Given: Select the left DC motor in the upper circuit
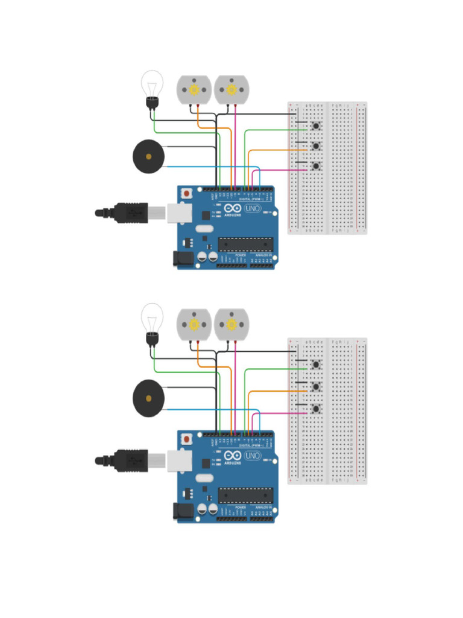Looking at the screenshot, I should (x=194, y=89).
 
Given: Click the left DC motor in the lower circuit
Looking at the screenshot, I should (x=194, y=324).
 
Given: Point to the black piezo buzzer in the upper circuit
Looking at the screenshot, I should (x=148, y=156).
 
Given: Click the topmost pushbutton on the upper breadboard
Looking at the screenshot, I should (x=315, y=126).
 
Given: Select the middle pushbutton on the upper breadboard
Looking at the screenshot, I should (x=315, y=146).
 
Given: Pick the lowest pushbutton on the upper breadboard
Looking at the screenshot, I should (x=315, y=166).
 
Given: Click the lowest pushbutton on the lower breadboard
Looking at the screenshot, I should (x=315, y=409).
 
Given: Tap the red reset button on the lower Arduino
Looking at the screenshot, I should (x=187, y=438).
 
